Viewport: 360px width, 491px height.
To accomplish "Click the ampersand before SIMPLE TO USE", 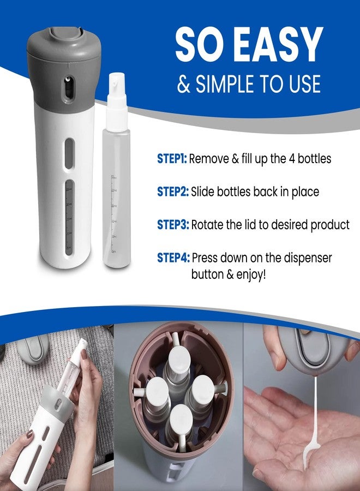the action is tap(184, 84).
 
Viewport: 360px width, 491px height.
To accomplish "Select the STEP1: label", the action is tap(172, 159).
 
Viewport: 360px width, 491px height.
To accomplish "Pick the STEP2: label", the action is tap(173, 191).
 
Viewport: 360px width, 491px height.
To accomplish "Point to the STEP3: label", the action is tap(173, 225).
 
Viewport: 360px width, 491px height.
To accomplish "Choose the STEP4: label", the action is tap(173, 258).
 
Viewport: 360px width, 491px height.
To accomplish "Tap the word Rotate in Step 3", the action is tap(207, 225).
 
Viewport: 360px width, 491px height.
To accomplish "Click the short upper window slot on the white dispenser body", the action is tap(69, 153).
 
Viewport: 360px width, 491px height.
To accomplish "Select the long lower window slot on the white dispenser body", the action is tap(69, 217).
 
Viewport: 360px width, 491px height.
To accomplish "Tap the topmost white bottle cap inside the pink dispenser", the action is tap(179, 359).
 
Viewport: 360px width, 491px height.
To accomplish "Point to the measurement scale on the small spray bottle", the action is tap(113, 214).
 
